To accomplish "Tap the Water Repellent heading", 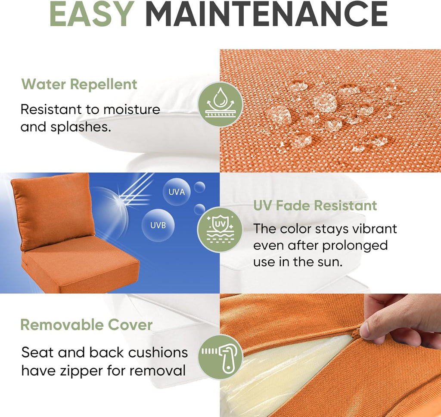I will (x=79, y=84).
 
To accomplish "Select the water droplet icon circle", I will (x=220, y=104).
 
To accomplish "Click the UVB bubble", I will (x=157, y=225).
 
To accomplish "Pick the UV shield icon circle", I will (x=220, y=230).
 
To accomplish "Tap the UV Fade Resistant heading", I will (x=315, y=205).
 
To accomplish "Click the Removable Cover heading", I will (x=86, y=324).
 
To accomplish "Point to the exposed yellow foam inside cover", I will (x=276, y=375).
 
